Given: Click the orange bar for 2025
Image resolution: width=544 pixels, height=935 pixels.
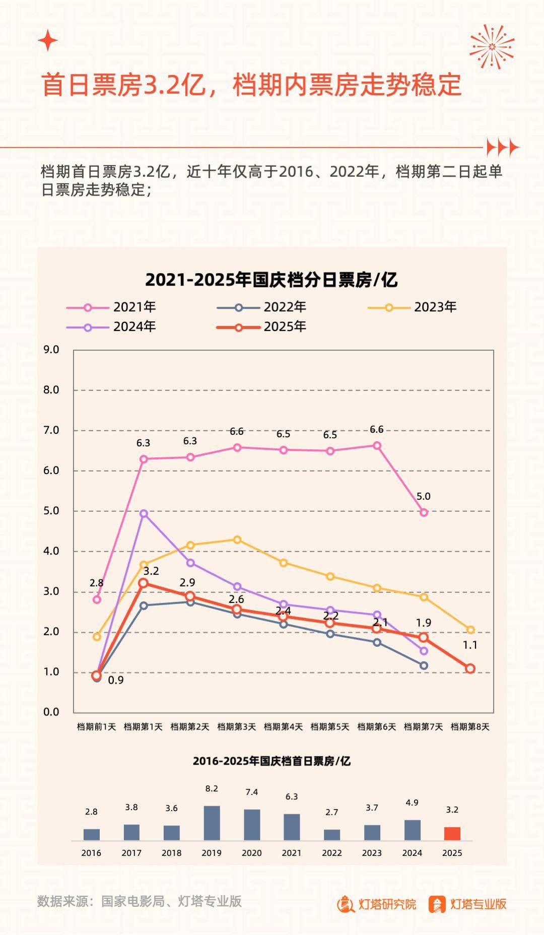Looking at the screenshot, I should point(452,833).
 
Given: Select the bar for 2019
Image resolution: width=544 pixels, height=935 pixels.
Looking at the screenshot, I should point(212,823).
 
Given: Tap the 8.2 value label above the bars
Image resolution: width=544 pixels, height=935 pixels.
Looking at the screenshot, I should point(212,788).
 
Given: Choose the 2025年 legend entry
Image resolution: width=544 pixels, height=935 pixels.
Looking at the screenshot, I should point(261,326).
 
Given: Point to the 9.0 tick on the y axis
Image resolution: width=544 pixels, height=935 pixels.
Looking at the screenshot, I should point(51,350).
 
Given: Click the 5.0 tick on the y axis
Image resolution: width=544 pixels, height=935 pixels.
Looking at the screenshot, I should point(51,511).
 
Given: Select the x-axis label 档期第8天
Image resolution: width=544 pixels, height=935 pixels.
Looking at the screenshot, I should point(470,726).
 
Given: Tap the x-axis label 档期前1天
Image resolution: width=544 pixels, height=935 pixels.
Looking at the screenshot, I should point(96,726).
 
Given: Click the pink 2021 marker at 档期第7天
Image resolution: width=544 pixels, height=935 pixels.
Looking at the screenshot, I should point(424,512).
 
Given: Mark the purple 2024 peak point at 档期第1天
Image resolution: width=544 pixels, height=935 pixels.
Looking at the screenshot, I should point(144,513).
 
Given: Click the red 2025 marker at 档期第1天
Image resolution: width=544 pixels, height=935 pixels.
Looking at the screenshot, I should point(144,583).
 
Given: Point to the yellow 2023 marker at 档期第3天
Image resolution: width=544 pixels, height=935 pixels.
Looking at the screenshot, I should point(237,540).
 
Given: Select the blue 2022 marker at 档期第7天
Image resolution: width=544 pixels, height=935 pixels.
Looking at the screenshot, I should point(424,665).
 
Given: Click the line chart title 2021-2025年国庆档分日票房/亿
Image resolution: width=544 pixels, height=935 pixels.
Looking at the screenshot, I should point(271,280).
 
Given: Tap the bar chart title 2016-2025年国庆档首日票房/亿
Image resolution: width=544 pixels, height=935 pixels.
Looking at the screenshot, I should point(271,761).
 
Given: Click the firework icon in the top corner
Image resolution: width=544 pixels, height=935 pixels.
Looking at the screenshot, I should point(492,46).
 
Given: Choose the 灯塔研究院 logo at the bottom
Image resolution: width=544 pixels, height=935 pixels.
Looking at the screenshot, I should point(377,904).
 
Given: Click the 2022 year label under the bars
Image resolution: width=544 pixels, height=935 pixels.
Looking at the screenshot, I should point(332,853).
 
